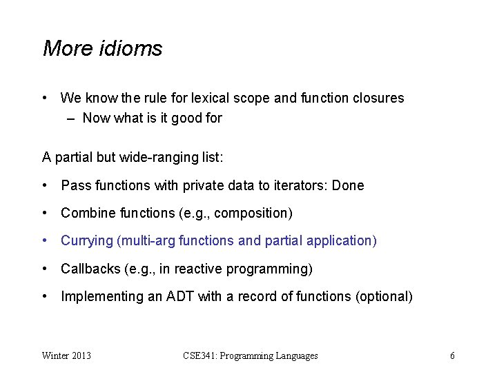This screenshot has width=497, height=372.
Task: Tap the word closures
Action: point(378,98)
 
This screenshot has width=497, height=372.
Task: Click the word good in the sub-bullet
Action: point(187,118)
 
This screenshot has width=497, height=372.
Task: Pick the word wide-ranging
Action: point(145,157)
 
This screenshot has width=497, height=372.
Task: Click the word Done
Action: point(348,185)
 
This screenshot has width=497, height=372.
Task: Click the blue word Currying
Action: point(86,241)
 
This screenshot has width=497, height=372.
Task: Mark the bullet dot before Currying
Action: point(45,241)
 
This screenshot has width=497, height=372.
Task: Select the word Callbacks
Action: point(89,269)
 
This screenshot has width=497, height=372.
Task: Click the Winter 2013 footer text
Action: point(66,355)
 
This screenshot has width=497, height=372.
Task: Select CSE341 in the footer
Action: point(201,355)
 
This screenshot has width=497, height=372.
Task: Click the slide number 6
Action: point(452,355)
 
